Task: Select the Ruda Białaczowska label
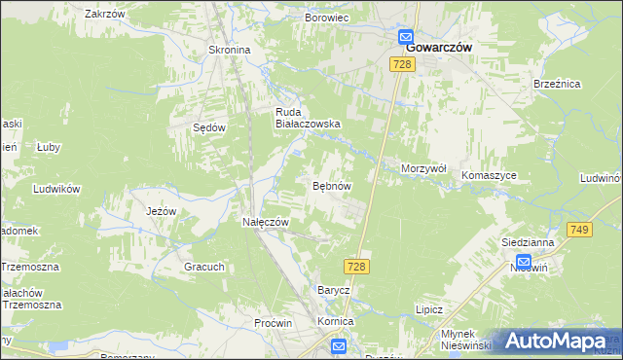pos(307,117)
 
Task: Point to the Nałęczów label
pos(266,222)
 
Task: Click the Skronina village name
pos(230,50)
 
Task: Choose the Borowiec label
pos(327,18)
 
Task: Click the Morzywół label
pos(423,168)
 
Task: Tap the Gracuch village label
pos(204,267)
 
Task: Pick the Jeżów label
pos(161,211)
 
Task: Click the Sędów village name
pos(209,127)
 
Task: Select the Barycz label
pos(333,290)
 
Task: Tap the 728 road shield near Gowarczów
pos(403,63)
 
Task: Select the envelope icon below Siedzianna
pos(523,261)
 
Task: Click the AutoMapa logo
pos(556,341)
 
